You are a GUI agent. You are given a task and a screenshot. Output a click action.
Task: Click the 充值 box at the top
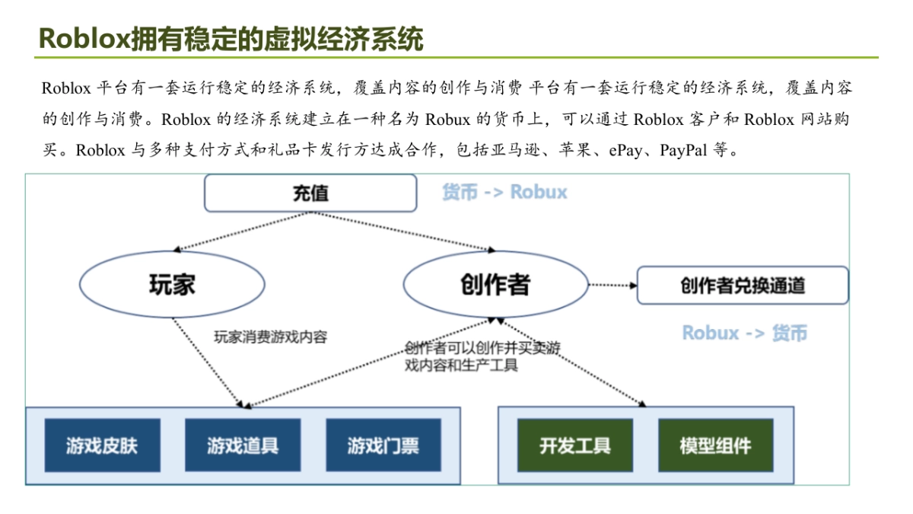[x=310, y=193]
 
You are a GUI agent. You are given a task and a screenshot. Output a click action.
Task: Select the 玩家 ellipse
[x=172, y=284]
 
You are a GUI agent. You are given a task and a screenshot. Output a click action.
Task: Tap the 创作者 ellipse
[x=495, y=285]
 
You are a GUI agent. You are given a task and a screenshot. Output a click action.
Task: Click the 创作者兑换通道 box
[x=742, y=286]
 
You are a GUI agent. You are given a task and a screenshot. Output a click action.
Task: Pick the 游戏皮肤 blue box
[x=102, y=445]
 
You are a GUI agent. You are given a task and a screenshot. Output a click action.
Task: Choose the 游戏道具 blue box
[x=243, y=445]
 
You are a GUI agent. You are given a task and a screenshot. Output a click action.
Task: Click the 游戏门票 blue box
[x=383, y=445]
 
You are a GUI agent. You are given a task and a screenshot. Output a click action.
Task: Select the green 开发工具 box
[x=575, y=445]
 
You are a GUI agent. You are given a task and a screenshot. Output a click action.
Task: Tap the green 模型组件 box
[x=715, y=445]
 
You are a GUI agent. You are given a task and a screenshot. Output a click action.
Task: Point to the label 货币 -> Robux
[x=504, y=192]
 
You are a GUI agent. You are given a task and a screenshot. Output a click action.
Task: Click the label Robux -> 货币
[x=744, y=333]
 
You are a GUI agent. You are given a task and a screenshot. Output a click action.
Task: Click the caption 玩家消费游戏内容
[x=270, y=337]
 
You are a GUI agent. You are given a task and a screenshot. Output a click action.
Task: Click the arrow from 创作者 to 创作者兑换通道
[x=612, y=286]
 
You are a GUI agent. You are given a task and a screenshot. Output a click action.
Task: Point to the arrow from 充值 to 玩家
[x=243, y=231]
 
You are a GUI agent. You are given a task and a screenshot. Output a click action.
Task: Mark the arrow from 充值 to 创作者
[x=403, y=231]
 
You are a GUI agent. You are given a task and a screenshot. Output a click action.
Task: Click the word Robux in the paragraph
[x=448, y=119]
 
